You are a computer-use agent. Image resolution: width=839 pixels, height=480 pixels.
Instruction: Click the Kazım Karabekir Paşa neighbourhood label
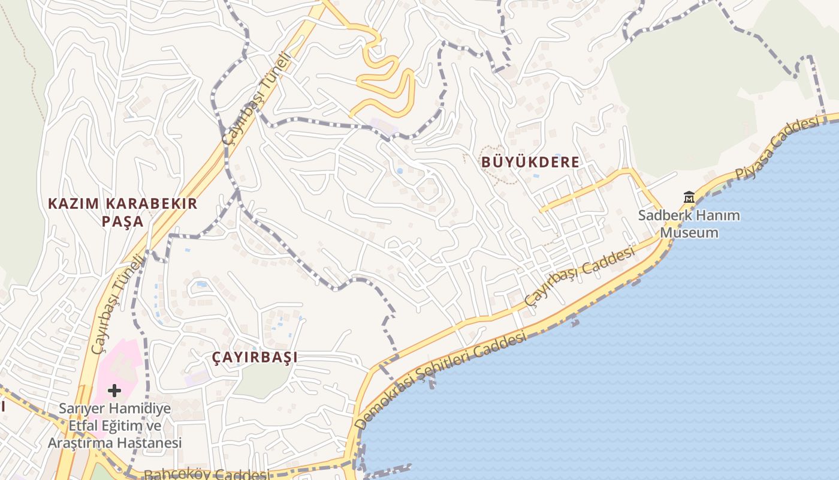click(122, 212)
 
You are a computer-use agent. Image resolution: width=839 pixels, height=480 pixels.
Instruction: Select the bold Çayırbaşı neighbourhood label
click(255, 358)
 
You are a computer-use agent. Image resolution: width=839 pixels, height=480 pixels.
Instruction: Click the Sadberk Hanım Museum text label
click(689, 224)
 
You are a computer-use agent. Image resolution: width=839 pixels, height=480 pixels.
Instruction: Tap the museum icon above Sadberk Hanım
click(689, 197)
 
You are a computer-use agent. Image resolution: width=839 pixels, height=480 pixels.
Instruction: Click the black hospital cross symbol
click(114, 391)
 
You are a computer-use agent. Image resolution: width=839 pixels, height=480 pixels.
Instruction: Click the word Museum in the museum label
click(689, 233)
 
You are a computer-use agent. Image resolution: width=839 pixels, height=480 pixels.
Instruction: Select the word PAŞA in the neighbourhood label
click(122, 221)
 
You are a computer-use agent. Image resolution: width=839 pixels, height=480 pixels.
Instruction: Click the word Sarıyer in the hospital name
click(83, 409)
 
